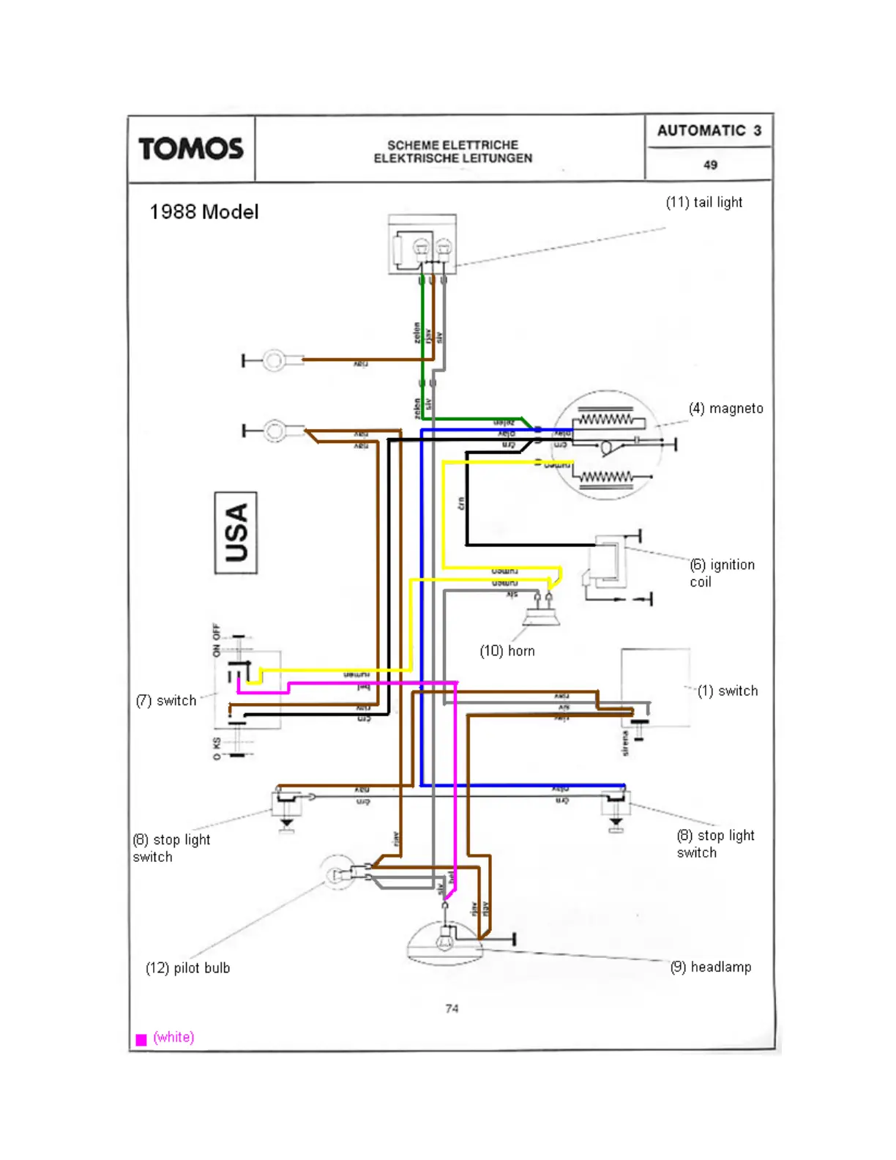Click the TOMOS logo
pyautogui.click(x=191, y=149)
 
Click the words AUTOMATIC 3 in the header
pyautogui.click(x=709, y=130)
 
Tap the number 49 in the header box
pyautogui.click(x=710, y=165)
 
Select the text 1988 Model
pyautogui.click(x=204, y=212)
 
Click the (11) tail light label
pyautogui.click(x=703, y=202)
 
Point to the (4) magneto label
pyautogui.click(x=725, y=409)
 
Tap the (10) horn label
pyautogui.click(x=507, y=651)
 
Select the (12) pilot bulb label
pyautogui.click(x=187, y=968)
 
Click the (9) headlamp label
pyautogui.click(x=710, y=967)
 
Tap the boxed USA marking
pyautogui.click(x=236, y=532)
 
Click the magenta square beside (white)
pyautogui.click(x=141, y=1039)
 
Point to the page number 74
pyautogui.click(x=452, y=1008)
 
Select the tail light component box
pyautogui.click(x=422, y=245)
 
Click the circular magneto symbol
pyautogui.click(x=608, y=445)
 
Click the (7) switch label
pyautogui.click(x=166, y=701)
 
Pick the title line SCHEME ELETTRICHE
pyautogui.click(x=452, y=145)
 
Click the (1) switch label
pyautogui.click(x=727, y=691)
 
